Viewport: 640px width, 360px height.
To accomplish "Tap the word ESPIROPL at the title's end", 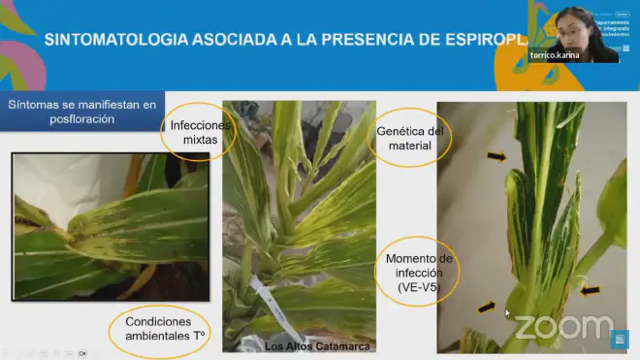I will [485, 40].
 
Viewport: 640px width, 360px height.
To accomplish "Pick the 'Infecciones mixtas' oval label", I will [201, 134].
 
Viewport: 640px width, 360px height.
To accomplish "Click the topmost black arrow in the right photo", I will [495, 155].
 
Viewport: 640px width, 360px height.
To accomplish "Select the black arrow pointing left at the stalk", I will [591, 289].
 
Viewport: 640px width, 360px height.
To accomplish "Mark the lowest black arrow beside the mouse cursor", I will [487, 308].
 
